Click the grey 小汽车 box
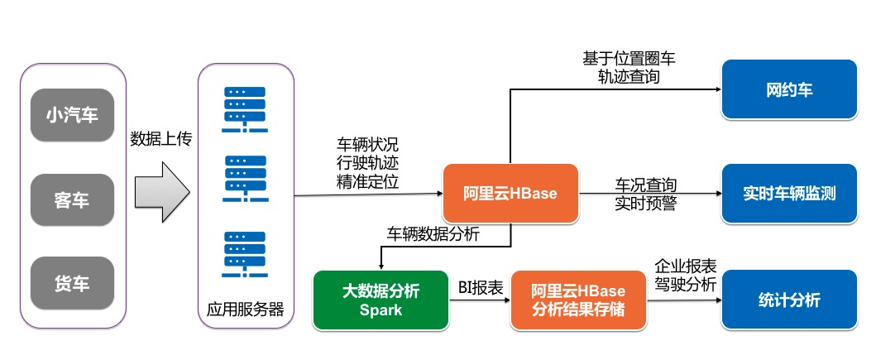72,115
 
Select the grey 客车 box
72,200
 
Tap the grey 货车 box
72,284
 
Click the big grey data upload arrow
161,193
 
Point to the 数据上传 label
161,139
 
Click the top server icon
244,107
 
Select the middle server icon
244,178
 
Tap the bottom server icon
244,254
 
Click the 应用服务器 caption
245,310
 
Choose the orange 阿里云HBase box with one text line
510,194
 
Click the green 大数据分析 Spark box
381,300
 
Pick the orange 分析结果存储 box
578,300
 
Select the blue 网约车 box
789,89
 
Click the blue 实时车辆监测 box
789,194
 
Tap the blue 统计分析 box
789,300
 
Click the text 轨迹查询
629,77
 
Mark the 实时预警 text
645,203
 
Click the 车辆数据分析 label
433,234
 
